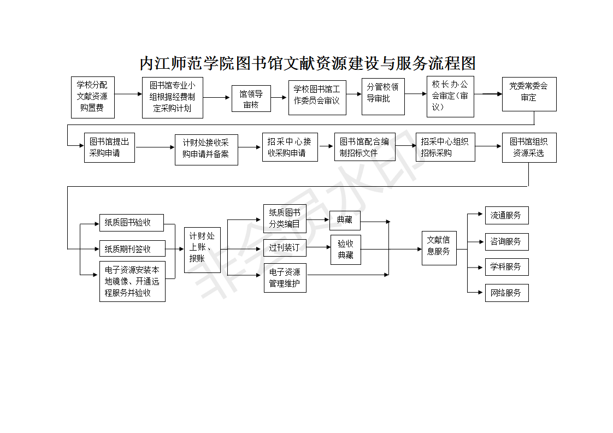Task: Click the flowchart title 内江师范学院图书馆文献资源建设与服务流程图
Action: click(307, 63)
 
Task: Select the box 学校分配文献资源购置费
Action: click(93, 97)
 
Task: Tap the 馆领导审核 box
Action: click(251, 98)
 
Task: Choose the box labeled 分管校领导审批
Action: click(383, 97)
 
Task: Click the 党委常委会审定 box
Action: click(529, 94)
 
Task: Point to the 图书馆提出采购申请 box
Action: click(109, 148)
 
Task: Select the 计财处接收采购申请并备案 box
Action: click(207, 150)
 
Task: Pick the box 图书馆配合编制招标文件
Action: click(365, 147)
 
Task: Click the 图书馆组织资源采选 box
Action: click(529, 148)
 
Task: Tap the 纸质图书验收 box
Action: click(132, 223)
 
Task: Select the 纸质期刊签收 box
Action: click(133, 248)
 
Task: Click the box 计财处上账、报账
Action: click(203, 250)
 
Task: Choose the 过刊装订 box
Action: click(285, 248)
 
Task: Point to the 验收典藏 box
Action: click(346, 250)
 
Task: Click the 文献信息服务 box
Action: click(439, 248)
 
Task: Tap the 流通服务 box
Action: click(506, 215)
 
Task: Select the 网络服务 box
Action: click(506, 293)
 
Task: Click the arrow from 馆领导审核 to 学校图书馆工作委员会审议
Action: click(279, 98)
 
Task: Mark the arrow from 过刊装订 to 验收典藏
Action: click(319, 247)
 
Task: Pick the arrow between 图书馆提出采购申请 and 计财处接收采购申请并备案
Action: click(155, 147)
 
